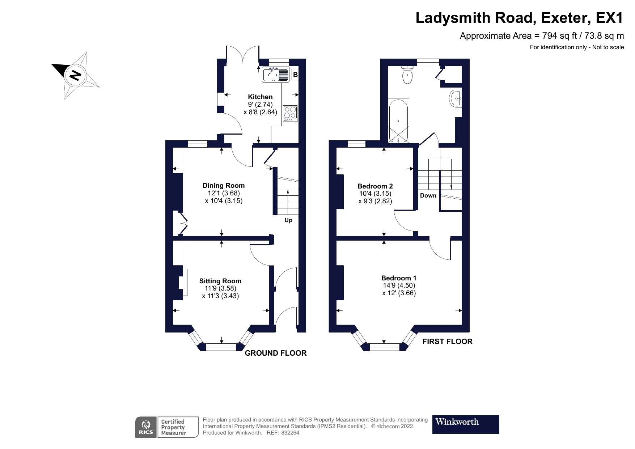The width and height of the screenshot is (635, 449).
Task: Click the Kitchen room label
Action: coord(260,97)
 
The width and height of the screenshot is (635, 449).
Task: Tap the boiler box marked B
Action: coord(295,75)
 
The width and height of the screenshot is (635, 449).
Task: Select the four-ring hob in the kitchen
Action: coord(290,112)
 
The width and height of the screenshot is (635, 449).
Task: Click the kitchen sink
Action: coord(270,75)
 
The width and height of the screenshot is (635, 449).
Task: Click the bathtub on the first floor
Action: coord(398,120)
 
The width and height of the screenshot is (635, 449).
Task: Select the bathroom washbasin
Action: coord(455,98)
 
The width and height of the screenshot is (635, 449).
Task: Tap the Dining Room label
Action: coord(223,186)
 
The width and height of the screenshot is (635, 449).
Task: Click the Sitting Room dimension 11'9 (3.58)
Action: coord(220,288)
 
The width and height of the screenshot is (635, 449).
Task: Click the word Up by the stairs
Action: coord(288,220)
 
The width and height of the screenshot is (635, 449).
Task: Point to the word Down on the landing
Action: coord(428,195)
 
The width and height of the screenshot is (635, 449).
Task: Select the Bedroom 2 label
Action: coord(375,186)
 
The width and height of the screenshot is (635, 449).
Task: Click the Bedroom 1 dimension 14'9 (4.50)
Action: coord(399,285)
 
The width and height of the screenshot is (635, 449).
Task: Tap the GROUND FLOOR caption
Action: coord(275,353)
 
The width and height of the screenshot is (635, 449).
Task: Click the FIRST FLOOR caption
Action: coord(447,342)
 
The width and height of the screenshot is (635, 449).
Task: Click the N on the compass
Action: coord(75,75)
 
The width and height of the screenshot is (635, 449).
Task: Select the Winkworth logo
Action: coord(465,424)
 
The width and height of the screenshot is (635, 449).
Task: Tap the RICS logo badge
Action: coord(146,427)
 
